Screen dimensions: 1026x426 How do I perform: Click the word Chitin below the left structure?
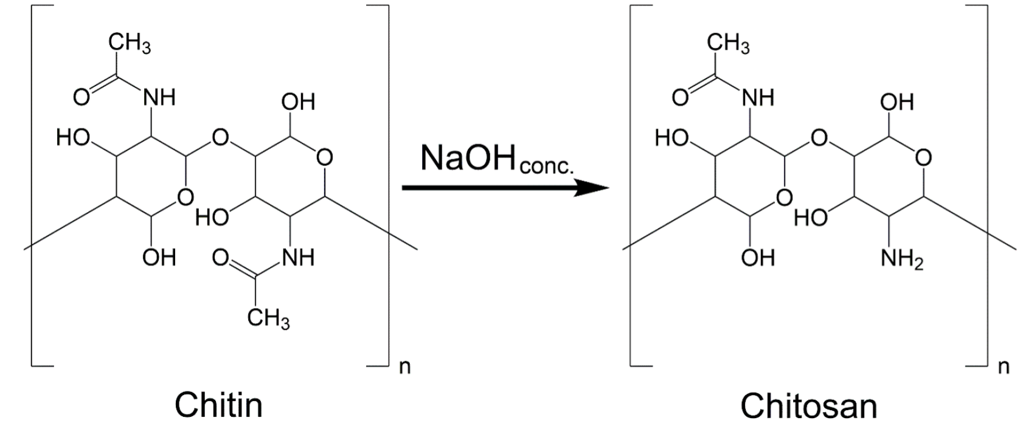point(219,404)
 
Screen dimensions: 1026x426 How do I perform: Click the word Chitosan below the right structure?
point(808,405)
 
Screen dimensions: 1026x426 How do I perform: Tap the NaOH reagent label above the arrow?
point(468,159)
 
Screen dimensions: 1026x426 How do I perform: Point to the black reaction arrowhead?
point(593,188)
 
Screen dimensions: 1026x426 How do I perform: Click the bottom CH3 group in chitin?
point(268,318)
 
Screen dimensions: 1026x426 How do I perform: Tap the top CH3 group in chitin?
point(130,45)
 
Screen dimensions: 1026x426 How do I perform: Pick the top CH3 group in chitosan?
point(729,44)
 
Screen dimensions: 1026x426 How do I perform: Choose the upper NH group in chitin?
point(159,97)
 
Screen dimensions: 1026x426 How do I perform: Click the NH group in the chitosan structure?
point(758,97)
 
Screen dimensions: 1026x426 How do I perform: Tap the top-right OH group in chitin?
point(298,102)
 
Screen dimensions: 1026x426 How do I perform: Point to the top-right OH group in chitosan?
point(897,102)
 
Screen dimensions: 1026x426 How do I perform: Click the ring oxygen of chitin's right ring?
point(324,157)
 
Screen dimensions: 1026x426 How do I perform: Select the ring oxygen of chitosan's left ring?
point(785,197)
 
